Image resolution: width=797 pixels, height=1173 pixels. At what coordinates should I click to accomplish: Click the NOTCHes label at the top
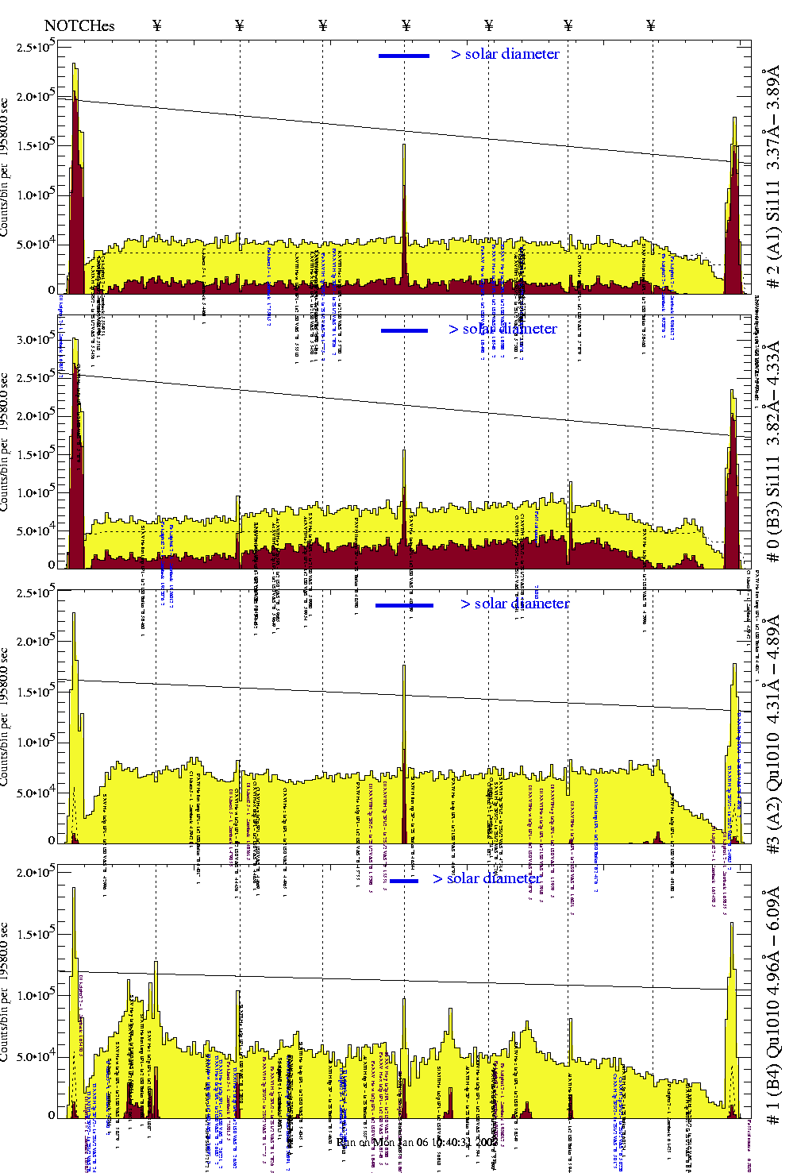click(79, 26)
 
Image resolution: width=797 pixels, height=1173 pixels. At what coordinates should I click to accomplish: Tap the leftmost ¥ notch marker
click(156, 26)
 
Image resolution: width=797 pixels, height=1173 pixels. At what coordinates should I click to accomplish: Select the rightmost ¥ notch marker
click(651, 26)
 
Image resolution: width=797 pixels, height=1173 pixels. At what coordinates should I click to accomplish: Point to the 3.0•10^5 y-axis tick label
click(37, 339)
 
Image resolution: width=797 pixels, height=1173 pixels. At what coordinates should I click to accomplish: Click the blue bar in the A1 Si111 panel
click(404, 56)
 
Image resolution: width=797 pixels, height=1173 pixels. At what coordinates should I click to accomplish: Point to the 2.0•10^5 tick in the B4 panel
click(37, 872)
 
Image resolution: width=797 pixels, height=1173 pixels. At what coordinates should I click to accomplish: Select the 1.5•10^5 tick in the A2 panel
click(37, 692)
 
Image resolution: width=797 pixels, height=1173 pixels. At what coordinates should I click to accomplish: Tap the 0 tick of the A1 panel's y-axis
click(52, 291)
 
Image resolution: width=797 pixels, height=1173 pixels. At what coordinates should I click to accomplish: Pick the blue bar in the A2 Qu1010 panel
click(404, 605)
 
